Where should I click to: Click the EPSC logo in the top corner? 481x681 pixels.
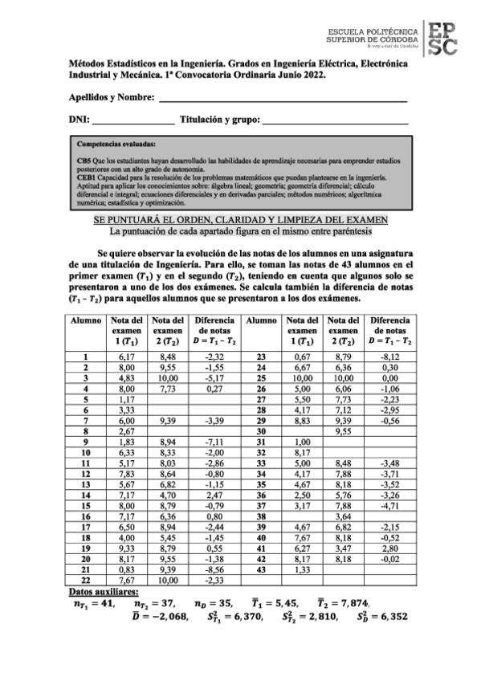click(442, 38)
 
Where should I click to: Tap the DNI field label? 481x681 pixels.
click(79, 120)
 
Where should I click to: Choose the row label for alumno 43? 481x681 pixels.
click(260, 569)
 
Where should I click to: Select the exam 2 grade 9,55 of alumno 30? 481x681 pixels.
click(343, 430)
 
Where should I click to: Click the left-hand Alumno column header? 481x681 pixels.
click(84, 320)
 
